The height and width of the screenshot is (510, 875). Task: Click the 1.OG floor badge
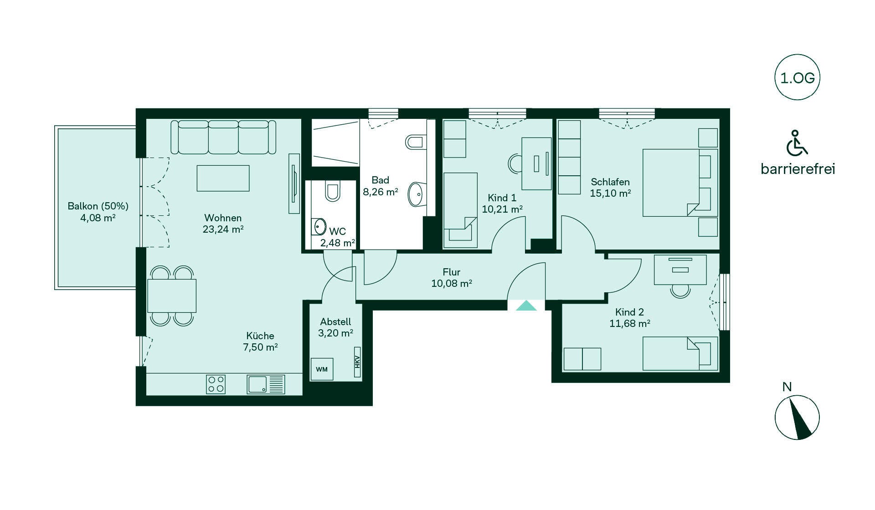pos(798,78)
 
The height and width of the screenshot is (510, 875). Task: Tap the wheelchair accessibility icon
pos(797,143)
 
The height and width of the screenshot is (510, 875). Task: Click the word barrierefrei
pos(798,169)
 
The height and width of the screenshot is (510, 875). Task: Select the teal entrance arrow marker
pos(526,306)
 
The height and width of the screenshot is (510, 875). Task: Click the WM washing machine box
pos(322,369)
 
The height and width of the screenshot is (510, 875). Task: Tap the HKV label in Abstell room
pos(357,362)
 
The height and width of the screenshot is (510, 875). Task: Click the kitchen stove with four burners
pos(216,384)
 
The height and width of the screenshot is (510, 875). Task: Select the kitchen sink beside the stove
pos(266,384)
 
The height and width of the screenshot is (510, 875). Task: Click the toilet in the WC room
pos(333,191)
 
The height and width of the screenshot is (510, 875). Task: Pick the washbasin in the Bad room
pos(417,194)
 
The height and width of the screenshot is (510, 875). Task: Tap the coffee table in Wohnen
pos(223,178)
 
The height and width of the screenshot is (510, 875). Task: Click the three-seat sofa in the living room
pos(223,137)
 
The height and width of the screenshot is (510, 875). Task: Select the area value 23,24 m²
pos(223,229)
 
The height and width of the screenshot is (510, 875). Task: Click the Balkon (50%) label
pos(98,206)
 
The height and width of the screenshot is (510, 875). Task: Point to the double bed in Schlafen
pos(680,183)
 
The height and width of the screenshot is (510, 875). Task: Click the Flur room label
pos(452,272)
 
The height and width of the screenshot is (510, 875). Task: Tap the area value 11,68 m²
pos(630,323)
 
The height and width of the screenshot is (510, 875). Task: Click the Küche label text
pos(260,336)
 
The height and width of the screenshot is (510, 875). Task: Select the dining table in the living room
pos(172,296)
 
